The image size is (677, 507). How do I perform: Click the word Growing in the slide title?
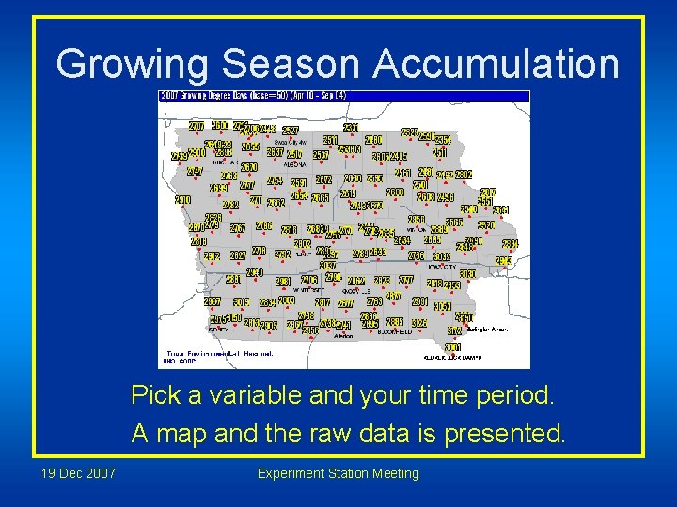point(132,64)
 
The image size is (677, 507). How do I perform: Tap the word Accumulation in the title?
point(496,64)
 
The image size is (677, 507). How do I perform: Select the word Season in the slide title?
point(291,64)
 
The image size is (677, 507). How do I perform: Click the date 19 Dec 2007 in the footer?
point(78,473)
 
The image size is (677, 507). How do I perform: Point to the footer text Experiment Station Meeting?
point(338,473)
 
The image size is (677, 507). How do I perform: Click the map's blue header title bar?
point(343,96)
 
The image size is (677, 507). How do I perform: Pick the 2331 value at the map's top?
point(351,128)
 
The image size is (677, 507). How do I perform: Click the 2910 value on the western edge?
point(182,200)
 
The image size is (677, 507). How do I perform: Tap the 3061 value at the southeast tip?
point(452,347)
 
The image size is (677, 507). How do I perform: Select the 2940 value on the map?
point(254,272)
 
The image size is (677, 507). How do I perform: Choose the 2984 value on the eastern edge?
point(510,245)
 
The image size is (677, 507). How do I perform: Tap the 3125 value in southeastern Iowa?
point(419,323)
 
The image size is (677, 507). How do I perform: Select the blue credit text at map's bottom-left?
point(216,356)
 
